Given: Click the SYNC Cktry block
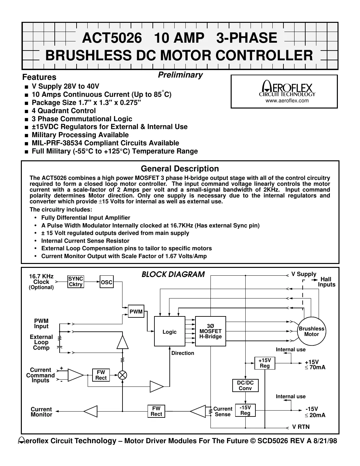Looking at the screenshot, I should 76,282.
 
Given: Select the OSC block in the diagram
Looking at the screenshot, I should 107,282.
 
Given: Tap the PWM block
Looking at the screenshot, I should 136,312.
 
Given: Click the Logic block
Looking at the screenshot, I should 169,331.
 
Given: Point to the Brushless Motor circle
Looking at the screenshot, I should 311,331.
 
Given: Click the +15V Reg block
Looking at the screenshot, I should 265,363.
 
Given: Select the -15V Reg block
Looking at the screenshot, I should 245,410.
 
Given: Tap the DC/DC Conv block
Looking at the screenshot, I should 245,386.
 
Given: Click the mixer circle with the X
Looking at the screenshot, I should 122,375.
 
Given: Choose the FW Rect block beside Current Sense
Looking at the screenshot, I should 156,411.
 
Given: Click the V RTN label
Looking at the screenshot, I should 301,427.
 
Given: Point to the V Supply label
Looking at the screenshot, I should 304,274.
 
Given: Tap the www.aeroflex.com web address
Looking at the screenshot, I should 287,101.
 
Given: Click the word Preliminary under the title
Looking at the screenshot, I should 180,75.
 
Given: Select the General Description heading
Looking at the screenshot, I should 180,169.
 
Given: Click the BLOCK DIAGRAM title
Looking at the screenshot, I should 173,274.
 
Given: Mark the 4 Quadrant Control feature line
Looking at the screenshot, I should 64,111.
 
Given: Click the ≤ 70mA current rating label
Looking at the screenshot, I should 315,368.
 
